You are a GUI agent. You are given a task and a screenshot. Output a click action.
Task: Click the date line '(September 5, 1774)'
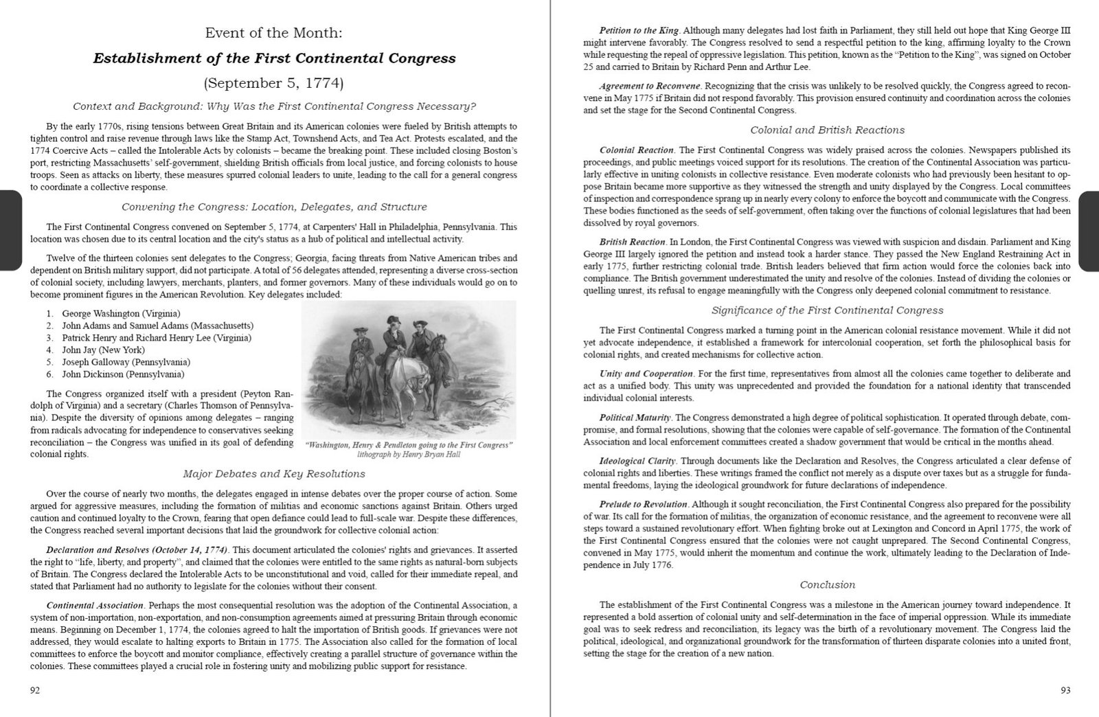(274, 84)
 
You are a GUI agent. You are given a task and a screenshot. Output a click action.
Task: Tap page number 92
(34, 690)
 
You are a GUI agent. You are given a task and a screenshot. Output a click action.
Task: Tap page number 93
(1065, 690)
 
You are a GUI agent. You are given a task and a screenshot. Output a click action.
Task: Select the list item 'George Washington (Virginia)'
(121, 313)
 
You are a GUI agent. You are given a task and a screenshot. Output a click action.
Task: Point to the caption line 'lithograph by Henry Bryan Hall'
(409, 455)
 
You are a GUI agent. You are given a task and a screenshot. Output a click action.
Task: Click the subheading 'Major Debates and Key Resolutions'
(274, 474)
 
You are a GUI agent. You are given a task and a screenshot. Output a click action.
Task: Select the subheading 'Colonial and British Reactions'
(827, 130)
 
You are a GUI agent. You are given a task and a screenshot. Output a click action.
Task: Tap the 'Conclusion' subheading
(827, 585)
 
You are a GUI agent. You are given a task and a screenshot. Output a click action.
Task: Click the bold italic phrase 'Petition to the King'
(639, 31)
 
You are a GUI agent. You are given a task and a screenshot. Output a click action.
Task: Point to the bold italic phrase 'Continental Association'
(95, 606)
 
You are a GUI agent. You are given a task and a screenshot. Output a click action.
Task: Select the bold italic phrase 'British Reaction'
(632, 242)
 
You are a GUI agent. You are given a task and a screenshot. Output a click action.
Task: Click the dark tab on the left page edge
(11, 231)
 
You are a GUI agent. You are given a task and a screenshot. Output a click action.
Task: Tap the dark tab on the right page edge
(1089, 231)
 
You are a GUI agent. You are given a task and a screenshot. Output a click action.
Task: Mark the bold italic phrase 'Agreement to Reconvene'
(650, 87)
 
